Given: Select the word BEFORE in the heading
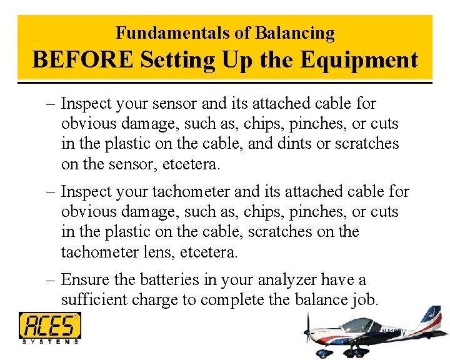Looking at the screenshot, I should click(x=82, y=60).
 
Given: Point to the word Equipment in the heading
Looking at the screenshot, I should click(x=359, y=60).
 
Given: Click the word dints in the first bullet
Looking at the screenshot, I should click(x=296, y=144).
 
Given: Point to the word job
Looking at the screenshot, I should click(x=364, y=301).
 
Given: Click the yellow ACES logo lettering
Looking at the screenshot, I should click(x=49, y=325).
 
